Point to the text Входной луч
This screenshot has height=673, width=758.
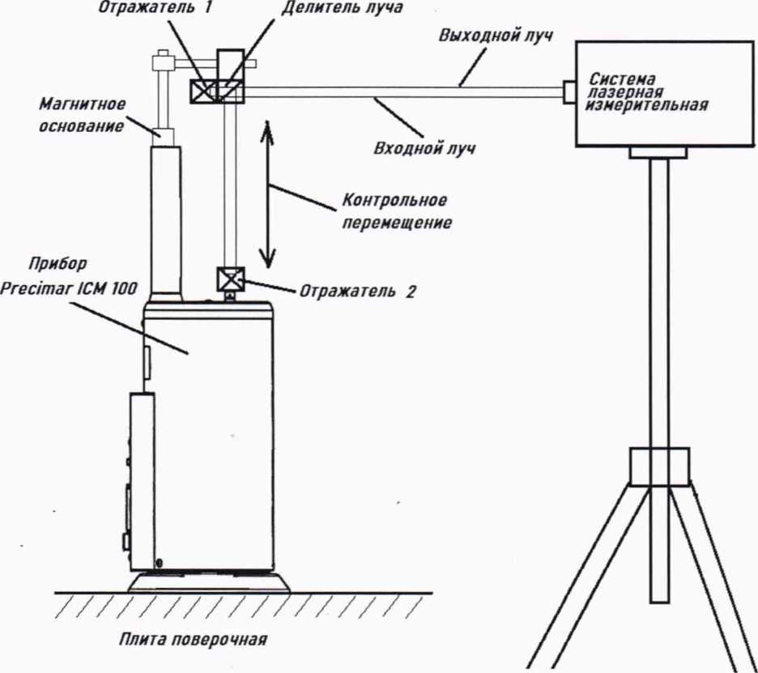coord(424,149)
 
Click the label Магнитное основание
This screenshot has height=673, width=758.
coord(82,115)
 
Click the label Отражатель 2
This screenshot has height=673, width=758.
coord(357,292)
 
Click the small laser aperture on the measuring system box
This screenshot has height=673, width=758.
coord(569,92)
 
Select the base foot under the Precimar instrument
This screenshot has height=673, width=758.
coord(209,581)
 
